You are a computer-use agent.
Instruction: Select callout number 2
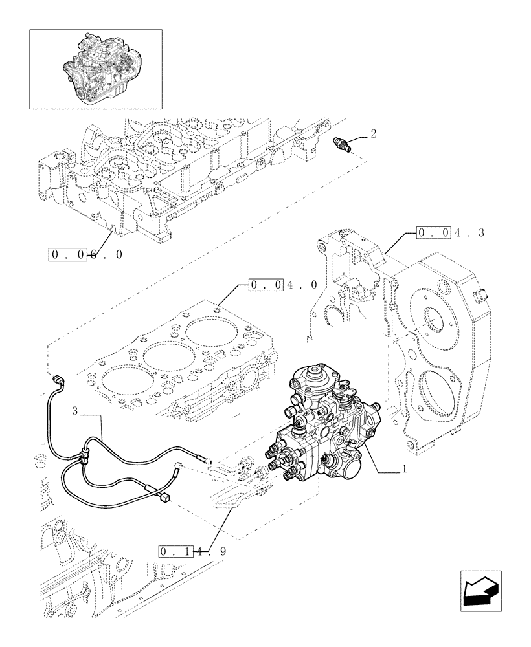click(373, 134)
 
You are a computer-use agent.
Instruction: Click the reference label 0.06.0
click(85, 254)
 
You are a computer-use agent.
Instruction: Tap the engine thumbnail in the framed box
click(95, 68)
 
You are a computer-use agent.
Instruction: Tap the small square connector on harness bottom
click(165, 497)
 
